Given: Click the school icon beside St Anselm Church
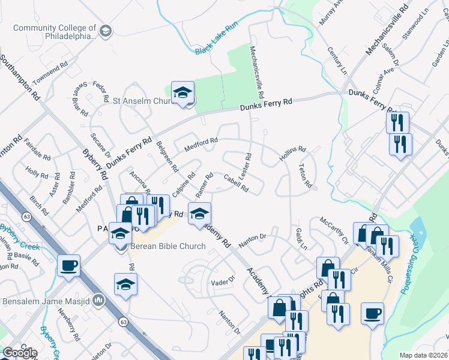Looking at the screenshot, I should pyautogui.click(x=183, y=93).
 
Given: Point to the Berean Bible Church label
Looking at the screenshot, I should pyautogui.click(x=166, y=246).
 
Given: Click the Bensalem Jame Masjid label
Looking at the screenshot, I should pyautogui.click(x=46, y=300).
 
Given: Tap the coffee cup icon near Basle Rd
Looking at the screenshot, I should pyautogui.click(x=69, y=265).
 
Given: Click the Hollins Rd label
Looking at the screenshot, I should pyautogui.click(x=293, y=154).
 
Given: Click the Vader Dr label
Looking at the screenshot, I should pyautogui.click(x=221, y=283).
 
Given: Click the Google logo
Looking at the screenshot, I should pyautogui.click(x=19, y=353).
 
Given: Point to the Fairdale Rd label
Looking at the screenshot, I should pyautogui.click(x=38, y=152).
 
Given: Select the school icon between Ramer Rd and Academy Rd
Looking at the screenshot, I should pyautogui.click(x=199, y=214).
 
